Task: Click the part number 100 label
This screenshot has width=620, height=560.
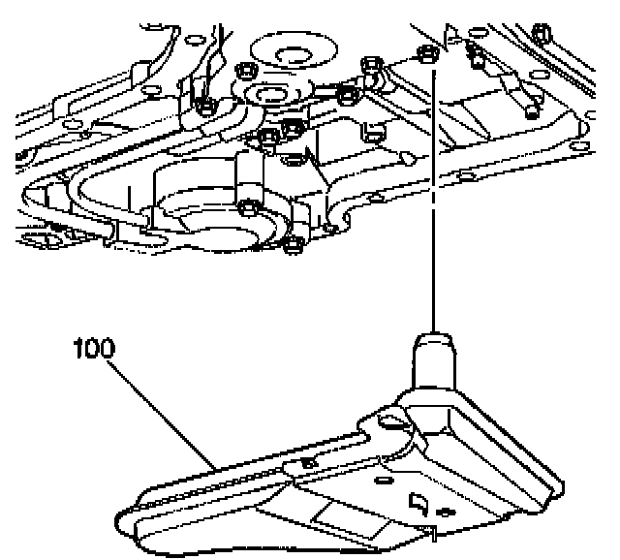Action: coord(94,347)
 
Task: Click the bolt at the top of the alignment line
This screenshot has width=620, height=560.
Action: coord(426,54)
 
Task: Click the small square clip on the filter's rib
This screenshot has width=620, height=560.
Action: coord(307,466)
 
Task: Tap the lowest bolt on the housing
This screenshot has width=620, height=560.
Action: coord(292,241)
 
